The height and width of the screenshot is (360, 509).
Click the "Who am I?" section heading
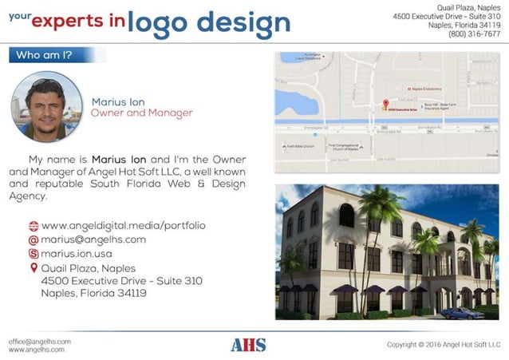[42, 55]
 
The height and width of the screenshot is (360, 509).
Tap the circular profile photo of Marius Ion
[46, 107]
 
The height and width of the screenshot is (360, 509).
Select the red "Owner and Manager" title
[141, 113]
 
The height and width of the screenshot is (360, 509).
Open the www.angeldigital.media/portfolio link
[123, 226]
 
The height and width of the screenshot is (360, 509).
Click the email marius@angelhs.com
[93, 239]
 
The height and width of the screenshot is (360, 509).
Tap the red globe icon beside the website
[34, 226]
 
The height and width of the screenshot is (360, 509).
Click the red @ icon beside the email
[34, 239]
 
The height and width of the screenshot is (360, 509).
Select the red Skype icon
[34, 253]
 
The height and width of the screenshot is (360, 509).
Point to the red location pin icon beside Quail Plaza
[34, 268]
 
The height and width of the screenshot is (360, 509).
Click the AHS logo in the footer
[248, 345]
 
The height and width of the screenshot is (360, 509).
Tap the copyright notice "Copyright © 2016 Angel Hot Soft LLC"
[442, 345]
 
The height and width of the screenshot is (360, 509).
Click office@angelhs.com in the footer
[40, 341]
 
